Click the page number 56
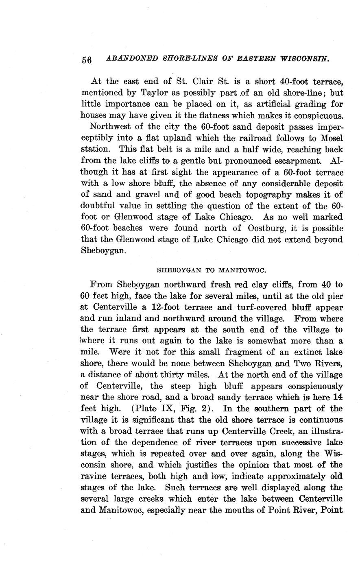click(87, 60)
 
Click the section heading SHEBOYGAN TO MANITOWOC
click(211, 270)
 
